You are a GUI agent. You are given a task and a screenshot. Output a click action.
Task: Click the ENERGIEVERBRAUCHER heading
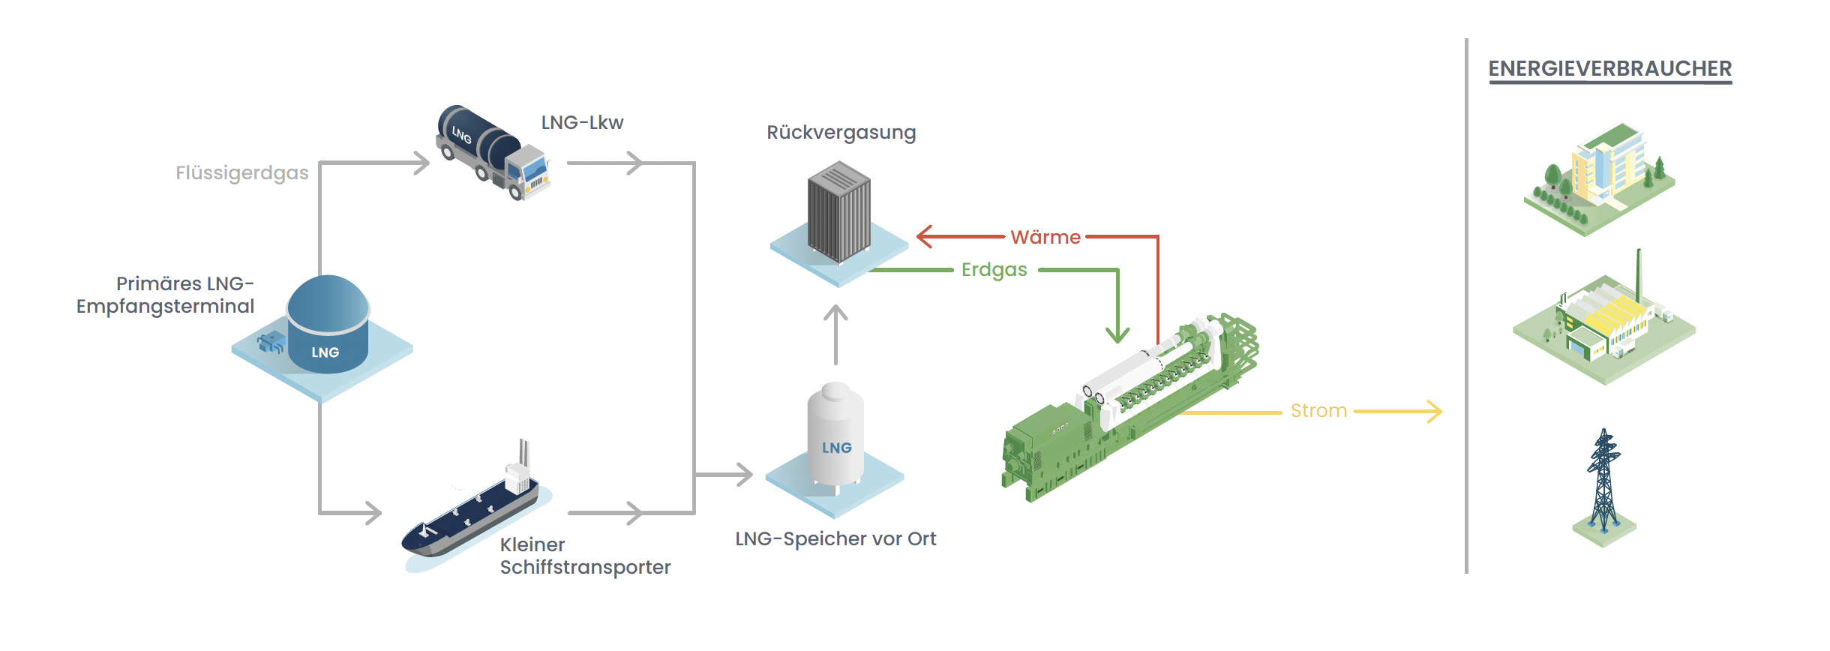[1609, 69]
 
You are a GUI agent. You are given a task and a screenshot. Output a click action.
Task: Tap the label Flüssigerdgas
[241, 173]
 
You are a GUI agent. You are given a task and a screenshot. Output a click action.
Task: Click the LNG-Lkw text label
[582, 122]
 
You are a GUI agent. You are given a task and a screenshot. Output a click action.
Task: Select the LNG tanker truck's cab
[531, 170]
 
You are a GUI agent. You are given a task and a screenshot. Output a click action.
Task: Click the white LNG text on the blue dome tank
[325, 352]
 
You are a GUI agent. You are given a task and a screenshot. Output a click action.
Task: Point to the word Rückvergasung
[841, 133]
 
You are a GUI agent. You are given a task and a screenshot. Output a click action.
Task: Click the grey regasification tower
[838, 212]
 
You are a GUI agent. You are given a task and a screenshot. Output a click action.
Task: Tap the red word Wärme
[1045, 237]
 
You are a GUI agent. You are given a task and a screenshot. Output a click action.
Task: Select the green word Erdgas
[994, 270]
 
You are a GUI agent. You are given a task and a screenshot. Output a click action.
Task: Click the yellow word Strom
[1318, 411]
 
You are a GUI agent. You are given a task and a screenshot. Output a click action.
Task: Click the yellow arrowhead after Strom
[1434, 411]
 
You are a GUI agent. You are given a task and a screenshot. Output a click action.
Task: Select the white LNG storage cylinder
[835, 435]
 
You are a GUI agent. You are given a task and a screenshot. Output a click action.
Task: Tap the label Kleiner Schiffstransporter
[584, 556]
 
